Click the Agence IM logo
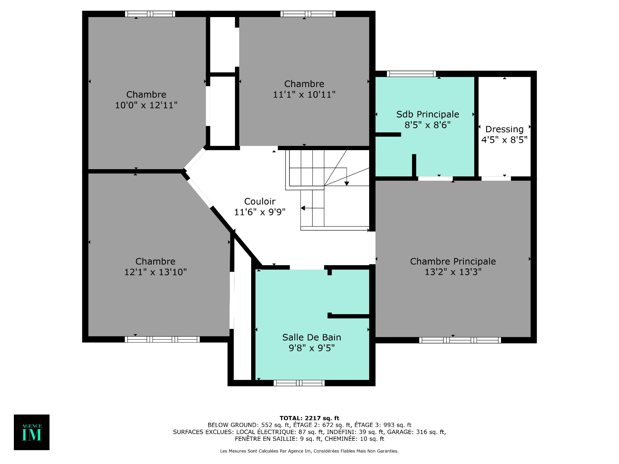[x=32, y=432]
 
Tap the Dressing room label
[x=504, y=129]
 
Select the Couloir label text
[x=260, y=201]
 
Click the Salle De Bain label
[x=311, y=337]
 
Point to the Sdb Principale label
[x=427, y=114]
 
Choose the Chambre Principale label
[x=453, y=261]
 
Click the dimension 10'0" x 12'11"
[x=146, y=105]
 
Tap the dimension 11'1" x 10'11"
[x=304, y=94]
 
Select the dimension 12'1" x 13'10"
[x=155, y=272]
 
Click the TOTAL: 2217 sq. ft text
[x=309, y=418]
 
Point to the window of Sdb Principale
[x=411, y=74]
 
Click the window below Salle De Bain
[x=299, y=383]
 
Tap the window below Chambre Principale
[x=460, y=340]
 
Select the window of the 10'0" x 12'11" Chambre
[x=150, y=14]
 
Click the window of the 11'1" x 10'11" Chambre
[x=308, y=14]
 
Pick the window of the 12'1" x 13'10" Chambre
[x=162, y=339]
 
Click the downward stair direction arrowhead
[x=347, y=184]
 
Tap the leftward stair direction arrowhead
[x=303, y=208]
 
